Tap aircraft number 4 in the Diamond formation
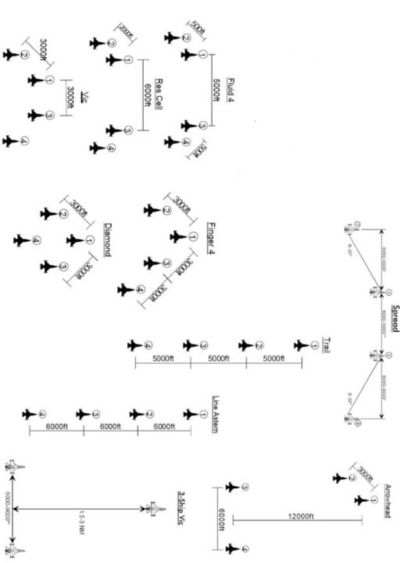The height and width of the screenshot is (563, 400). tap(21, 241)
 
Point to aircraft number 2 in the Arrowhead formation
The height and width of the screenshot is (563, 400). tap(340, 478)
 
